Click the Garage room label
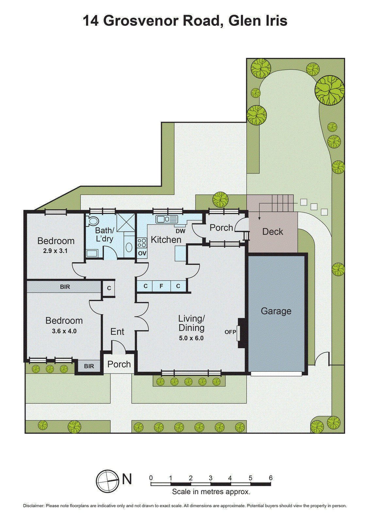pyautogui.click(x=276, y=311)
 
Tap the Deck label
pyautogui.click(x=273, y=232)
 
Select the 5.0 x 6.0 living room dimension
pyautogui.click(x=191, y=338)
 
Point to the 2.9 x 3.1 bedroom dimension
pyautogui.click(x=55, y=251)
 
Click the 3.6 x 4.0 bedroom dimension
pyautogui.click(x=64, y=331)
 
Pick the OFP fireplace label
pyautogui.click(x=230, y=332)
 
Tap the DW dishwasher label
pyautogui.click(x=180, y=231)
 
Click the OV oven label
pyautogui.click(x=142, y=253)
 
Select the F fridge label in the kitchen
pyautogui.click(x=161, y=286)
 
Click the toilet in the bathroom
pyautogui.click(x=93, y=221)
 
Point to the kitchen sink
pyautogui.click(x=166, y=219)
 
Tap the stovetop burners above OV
pyautogui.click(x=142, y=243)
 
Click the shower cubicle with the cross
pyautogui.click(x=126, y=222)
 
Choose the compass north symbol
pyautogui.click(x=108, y=481)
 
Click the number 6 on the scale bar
pyautogui.click(x=271, y=478)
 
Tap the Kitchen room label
pyautogui.click(x=166, y=240)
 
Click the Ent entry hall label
pyautogui.click(x=117, y=332)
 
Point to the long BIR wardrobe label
pyautogui.click(x=65, y=287)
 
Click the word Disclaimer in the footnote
pyautogui.click(x=33, y=506)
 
